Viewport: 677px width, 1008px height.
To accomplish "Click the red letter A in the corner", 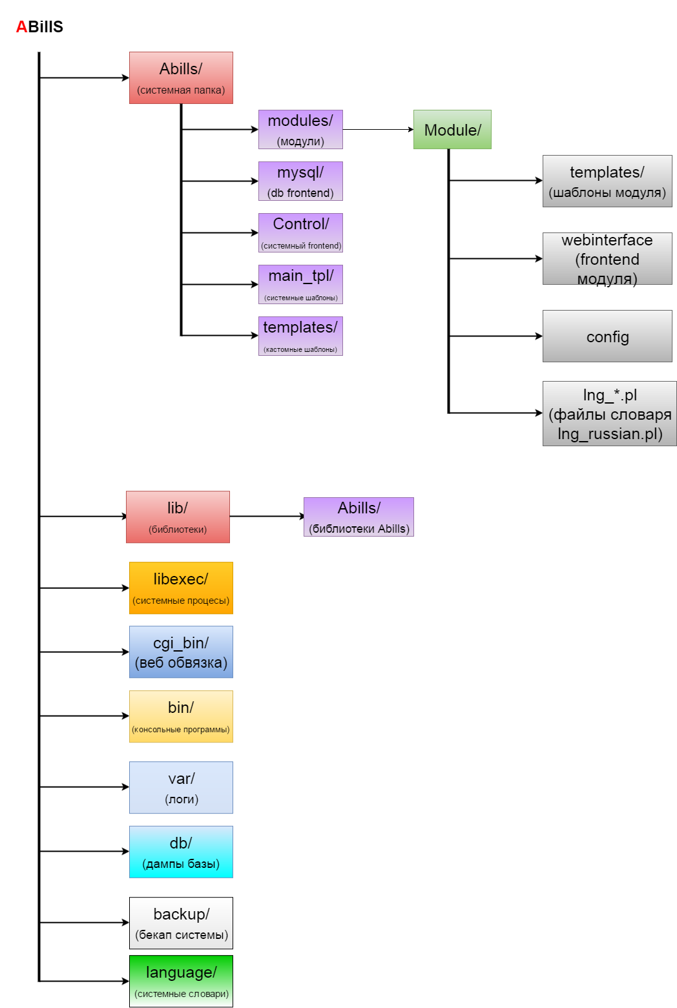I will point(22,26).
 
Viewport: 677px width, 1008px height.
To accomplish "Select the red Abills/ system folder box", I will point(181,77).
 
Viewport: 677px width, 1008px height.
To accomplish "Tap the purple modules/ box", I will point(300,129).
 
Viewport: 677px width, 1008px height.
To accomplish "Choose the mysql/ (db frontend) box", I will point(300,181).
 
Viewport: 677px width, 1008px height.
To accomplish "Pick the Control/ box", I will point(300,232).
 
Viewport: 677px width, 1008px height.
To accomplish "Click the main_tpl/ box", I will point(300,284).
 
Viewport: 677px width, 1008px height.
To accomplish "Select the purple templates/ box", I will point(300,336).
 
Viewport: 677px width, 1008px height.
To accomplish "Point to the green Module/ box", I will point(452,129).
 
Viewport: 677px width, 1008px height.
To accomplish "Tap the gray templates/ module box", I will point(607,181).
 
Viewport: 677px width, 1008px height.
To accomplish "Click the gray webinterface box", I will point(607,258).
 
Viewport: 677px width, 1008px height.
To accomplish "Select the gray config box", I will point(607,336).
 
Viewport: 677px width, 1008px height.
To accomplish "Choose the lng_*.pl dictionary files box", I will point(609,413).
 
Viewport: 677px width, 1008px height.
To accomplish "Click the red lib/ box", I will point(178,517).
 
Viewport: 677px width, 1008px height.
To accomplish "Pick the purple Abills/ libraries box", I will point(359,517).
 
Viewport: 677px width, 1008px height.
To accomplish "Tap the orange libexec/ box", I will point(181,588).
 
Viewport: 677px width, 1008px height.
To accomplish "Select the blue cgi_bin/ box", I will point(181,652).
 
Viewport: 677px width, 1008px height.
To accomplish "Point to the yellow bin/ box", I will point(181,717).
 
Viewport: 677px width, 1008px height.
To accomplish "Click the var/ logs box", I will point(181,788).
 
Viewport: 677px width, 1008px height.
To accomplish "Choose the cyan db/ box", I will point(181,852).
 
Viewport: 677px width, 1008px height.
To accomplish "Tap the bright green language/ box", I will point(181,981).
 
